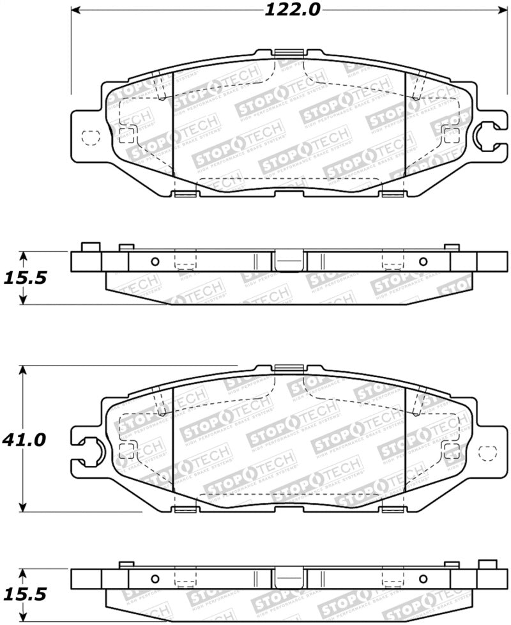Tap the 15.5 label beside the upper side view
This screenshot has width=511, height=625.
pyautogui.click(x=24, y=279)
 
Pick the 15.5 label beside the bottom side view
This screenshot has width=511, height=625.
pyautogui.click(x=24, y=594)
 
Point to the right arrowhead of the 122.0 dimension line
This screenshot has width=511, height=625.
pyautogui.click(x=501, y=10)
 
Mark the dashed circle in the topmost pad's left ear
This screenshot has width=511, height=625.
pyautogui.click(x=91, y=137)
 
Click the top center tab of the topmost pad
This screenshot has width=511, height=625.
pyautogui.click(x=290, y=54)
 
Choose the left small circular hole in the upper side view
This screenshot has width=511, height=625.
pyautogui.click(x=154, y=261)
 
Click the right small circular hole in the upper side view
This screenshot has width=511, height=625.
pyautogui.click(x=422, y=261)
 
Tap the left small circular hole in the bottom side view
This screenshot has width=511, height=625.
pyautogui.click(x=154, y=579)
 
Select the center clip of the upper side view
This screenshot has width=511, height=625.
pyautogui.click(x=289, y=261)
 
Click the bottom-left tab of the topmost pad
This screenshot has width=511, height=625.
pyautogui.click(x=185, y=194)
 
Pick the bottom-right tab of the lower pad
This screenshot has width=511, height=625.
pyautogui.click(x=392, y=509)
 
